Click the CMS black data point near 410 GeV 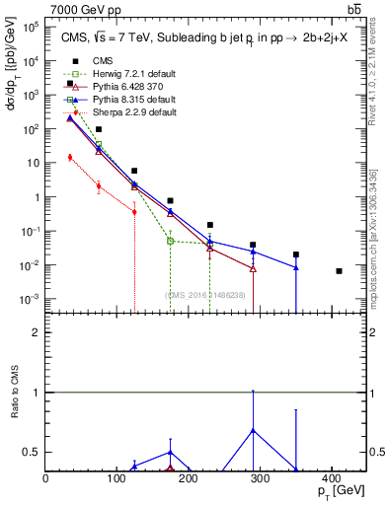pyautogui.click(x=339, y=271)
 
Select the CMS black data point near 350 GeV pyautogui.click(x=296, y=254)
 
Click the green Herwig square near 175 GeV pyautogui.click(x=170, y=241)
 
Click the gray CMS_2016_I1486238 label pyautogui.click(x=205, y=293)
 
